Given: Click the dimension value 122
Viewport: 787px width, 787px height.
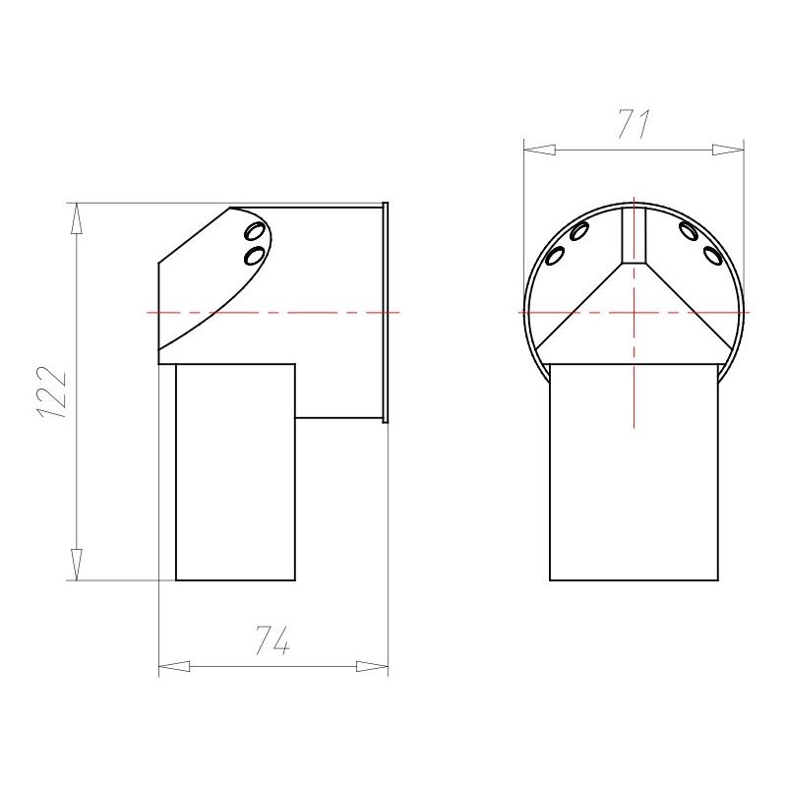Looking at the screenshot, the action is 52,392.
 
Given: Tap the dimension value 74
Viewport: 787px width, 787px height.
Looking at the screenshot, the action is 272,640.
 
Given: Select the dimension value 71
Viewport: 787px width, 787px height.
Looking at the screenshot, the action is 634,124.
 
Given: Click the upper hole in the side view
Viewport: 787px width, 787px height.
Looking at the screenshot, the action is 254,232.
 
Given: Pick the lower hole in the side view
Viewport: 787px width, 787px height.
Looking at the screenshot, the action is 254,256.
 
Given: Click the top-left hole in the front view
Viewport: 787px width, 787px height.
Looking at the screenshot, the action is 579,231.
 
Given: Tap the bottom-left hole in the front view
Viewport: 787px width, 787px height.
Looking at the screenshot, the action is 555,256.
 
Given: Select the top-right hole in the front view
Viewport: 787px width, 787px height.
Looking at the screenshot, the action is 688,230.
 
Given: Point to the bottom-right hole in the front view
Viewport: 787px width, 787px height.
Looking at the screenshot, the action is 712,256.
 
